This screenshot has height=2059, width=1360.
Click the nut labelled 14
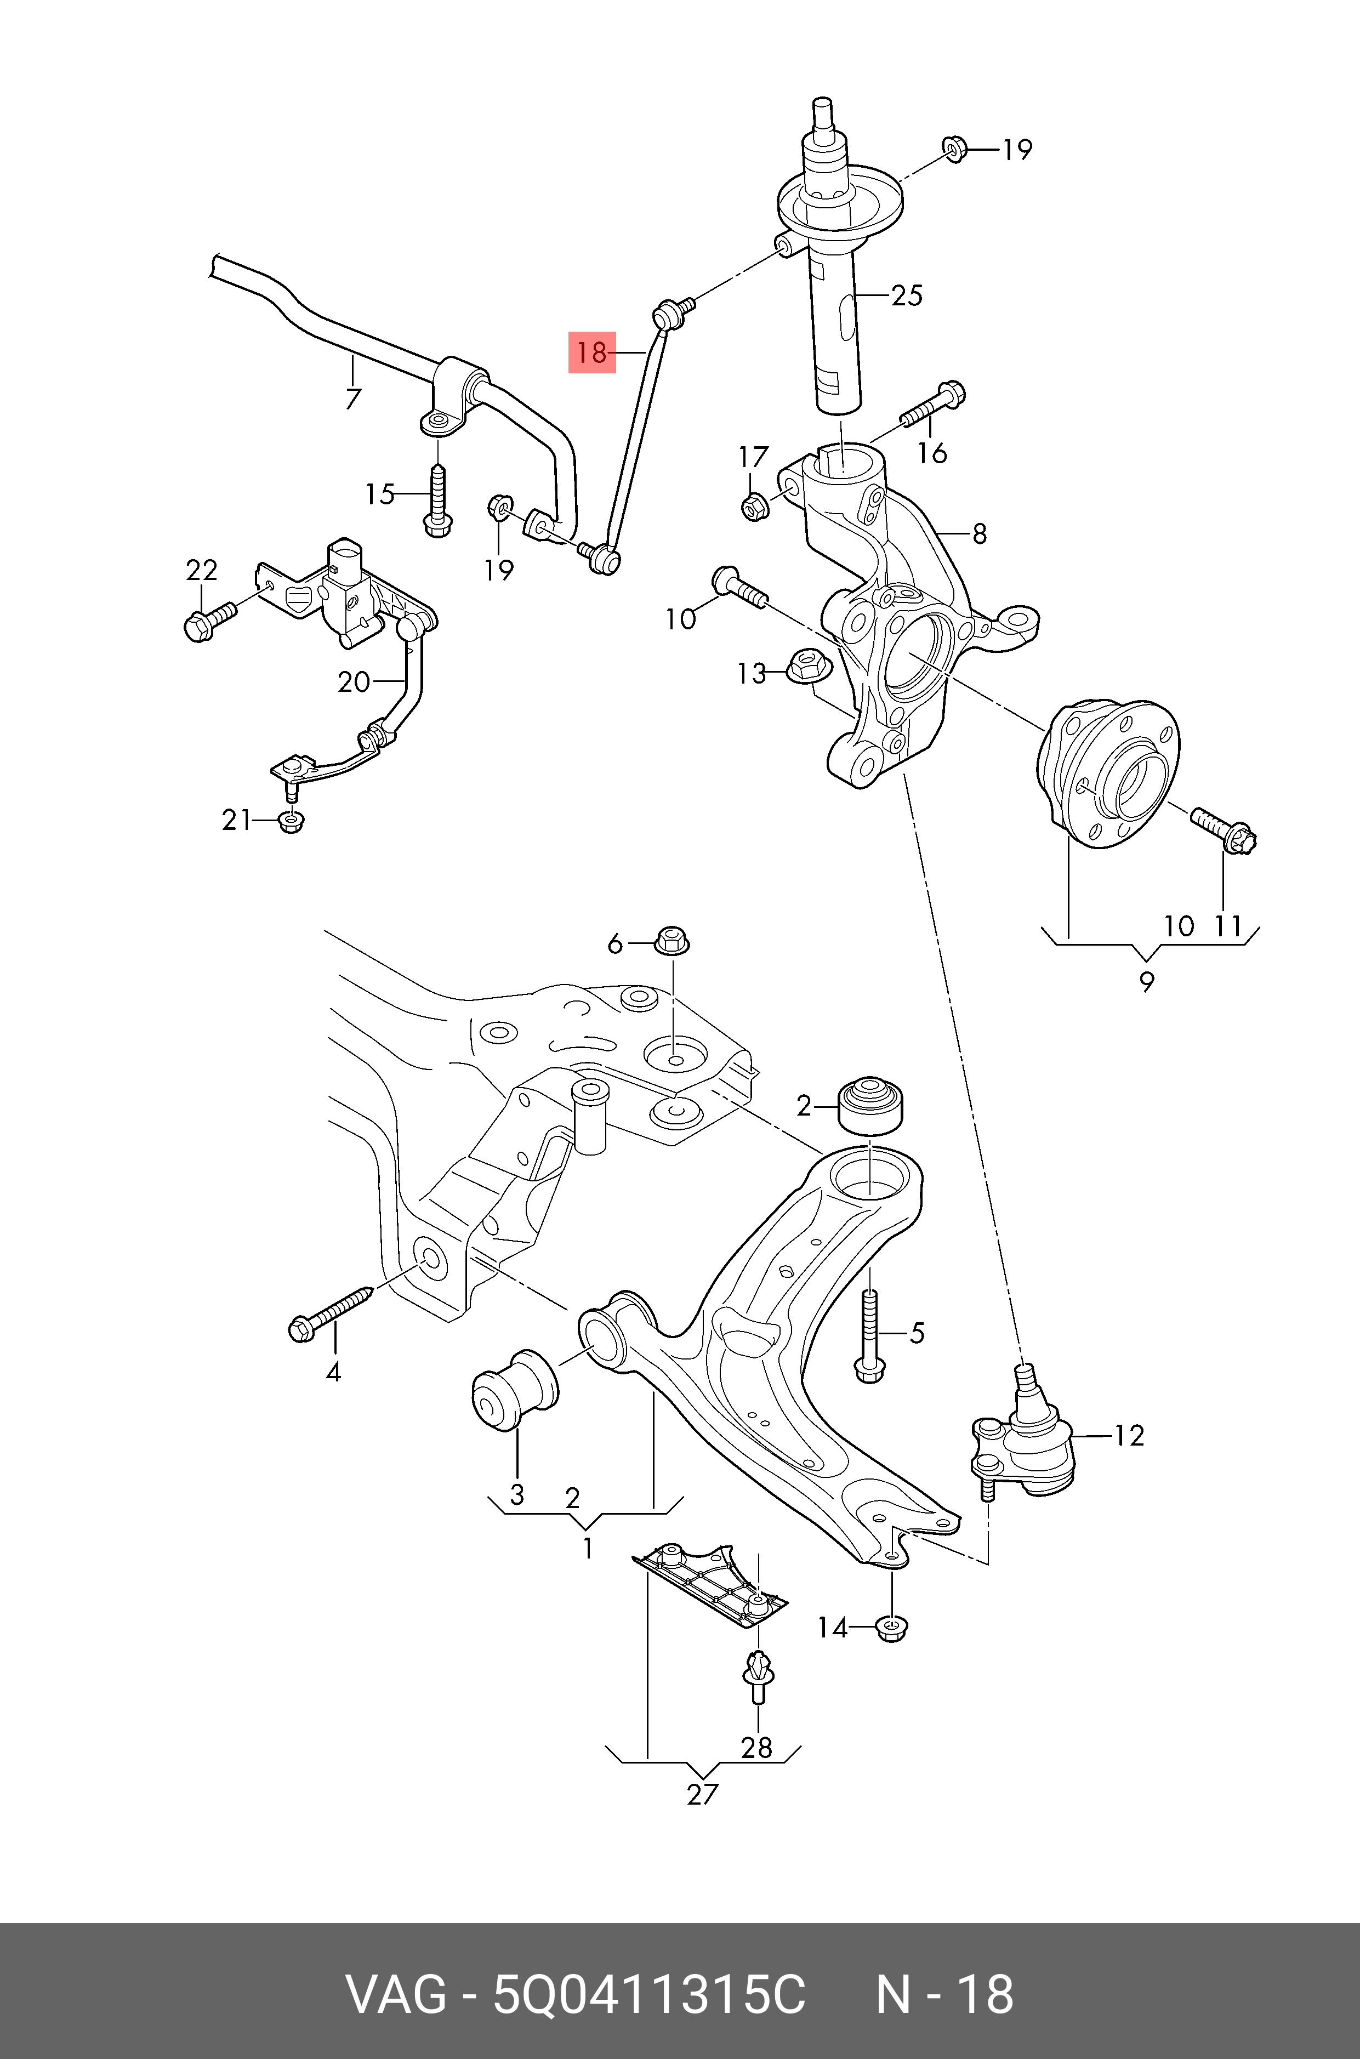tap(892, 1626)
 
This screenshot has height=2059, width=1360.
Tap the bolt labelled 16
tap(932, 408)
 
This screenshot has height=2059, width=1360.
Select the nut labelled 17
tap(753, 505)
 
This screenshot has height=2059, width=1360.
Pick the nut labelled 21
tap(292, 821)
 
